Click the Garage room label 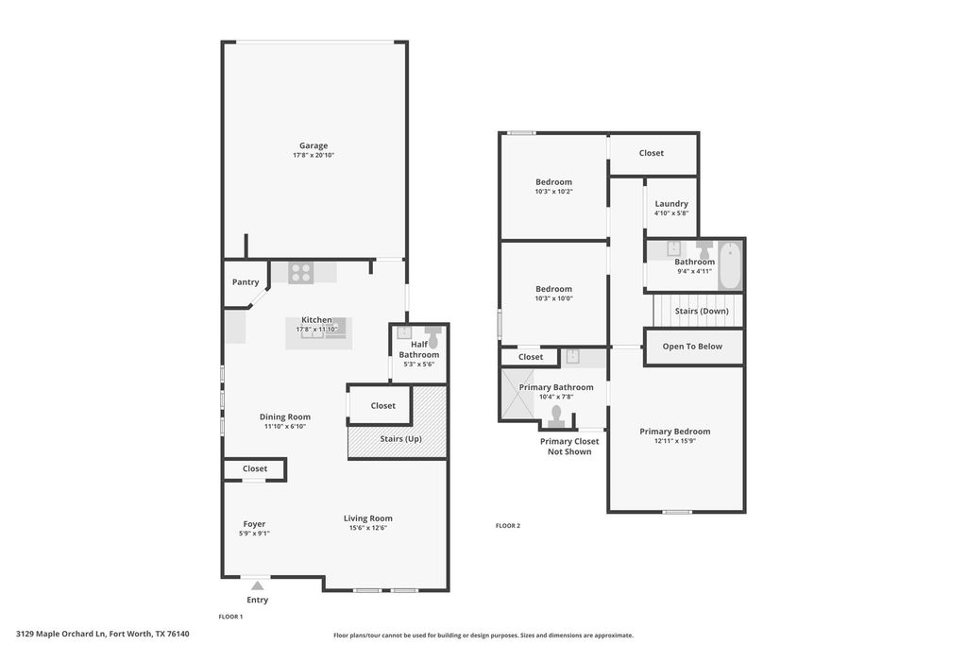point(314,145)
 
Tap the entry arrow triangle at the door point(258,586)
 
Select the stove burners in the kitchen point(301,273)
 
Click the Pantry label point(246,281)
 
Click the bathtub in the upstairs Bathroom point(730,265)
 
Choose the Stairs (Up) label point(400,438)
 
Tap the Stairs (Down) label point(702,311)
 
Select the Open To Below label point(692,347)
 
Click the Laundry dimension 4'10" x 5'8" point(671,213)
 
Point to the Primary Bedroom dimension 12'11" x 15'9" point(675,441)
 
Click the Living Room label point(368,518)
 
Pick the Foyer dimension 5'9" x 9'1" point(254,534)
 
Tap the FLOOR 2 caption point(508,525)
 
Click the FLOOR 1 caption point(230,617)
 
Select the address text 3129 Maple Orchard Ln point(61,634)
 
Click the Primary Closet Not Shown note point(569,447)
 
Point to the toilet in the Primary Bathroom point(557,417)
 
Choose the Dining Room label point(285,416)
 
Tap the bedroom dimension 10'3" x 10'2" point(553,191)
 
